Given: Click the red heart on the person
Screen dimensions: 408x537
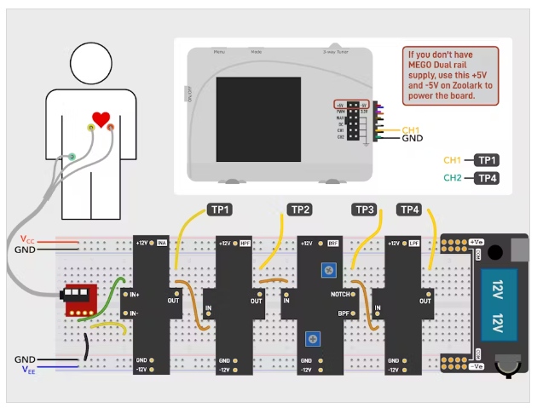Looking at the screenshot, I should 101,119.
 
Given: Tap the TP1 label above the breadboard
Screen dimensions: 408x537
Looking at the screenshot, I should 221,209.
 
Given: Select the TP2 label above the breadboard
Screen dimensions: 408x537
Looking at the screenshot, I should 300,209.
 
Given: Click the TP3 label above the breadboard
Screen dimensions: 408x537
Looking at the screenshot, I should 365,209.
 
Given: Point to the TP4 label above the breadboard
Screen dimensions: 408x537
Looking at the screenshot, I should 410,209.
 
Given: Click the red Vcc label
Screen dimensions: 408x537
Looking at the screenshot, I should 28,239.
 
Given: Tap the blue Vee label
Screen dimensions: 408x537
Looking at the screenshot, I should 28,371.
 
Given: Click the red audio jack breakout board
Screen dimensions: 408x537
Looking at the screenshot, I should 78,297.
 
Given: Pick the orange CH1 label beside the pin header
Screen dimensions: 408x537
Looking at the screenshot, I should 412,129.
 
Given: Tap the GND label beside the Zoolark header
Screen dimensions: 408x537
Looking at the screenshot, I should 413,139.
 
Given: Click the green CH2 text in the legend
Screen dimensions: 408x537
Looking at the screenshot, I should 452,178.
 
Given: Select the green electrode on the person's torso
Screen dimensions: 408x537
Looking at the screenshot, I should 72,156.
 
